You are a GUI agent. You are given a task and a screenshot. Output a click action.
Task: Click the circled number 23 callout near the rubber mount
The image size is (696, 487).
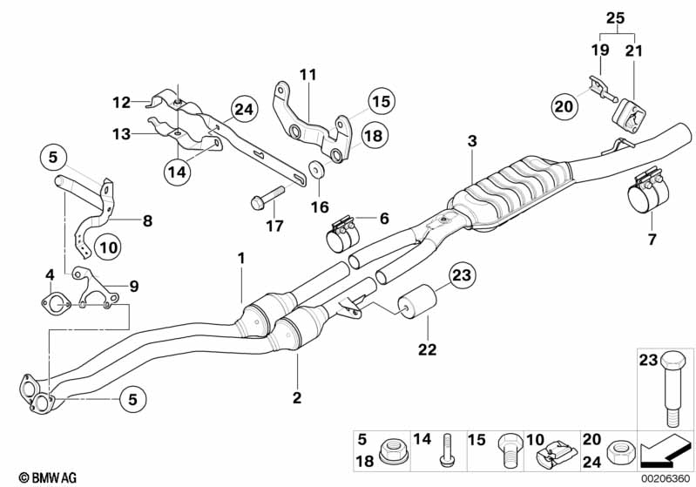(462, 278)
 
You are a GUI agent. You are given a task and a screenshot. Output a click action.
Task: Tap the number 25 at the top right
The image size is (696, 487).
(616, 18)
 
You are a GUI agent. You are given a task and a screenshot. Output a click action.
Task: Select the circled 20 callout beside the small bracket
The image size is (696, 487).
(564, 106)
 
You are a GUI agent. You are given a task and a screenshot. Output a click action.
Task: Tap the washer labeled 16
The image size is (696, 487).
(314, 169)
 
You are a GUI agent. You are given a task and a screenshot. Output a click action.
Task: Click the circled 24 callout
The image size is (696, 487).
(245, 110)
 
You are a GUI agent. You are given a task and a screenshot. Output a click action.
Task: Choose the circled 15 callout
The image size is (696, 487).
(380, 101)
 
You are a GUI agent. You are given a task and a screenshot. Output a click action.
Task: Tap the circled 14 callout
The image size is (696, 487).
(177, 172)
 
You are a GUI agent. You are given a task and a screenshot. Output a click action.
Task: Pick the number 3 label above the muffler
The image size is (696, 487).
(471, 141)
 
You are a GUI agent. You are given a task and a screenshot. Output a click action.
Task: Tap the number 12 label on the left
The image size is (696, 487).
(120, 102)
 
